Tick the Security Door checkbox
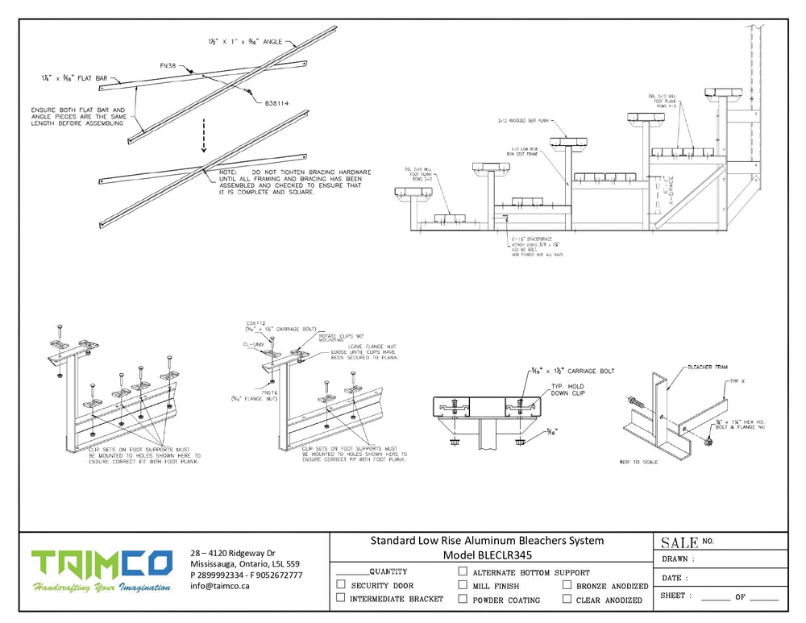341,585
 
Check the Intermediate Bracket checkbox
341,598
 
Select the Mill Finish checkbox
463,585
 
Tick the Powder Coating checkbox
463,599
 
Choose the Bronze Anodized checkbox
567,585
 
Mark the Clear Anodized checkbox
567,599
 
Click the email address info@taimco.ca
220,587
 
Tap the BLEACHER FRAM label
708,366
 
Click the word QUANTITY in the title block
388,571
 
